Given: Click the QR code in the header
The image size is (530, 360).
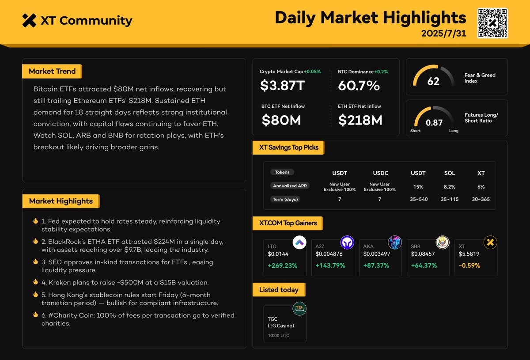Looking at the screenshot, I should [x=492, y=23].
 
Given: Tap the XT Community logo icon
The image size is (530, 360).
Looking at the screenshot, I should [x=29, y=20].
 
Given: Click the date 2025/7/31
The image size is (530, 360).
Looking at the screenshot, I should [x=443, y=34].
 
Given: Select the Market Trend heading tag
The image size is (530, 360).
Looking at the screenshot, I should [x=52, y=71].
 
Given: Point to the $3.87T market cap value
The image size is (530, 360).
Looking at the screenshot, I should [x=282, y=85].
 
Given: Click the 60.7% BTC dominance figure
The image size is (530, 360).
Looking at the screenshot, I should [x=359, y=85].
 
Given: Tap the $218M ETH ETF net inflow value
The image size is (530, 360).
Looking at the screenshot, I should [x=360, y=120].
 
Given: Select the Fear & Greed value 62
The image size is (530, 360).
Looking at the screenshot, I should [x=433, y=81].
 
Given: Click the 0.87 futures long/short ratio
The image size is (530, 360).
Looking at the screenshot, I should [x=434, y=123].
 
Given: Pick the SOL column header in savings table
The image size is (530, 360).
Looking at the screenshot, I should [x=450, y=173].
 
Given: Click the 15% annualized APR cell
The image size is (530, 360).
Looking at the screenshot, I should [x=418, y=187].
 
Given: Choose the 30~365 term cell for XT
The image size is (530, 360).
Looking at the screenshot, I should [x=481, y=199].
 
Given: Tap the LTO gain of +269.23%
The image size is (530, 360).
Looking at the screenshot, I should [x=283, y=265].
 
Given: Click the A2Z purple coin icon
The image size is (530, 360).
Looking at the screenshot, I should [x=347, y=242].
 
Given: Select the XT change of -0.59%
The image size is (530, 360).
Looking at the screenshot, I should [x=469, y=265].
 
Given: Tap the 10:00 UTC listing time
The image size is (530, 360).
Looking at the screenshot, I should [x=279, y=336].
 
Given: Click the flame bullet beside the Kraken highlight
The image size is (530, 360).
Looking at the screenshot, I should [x=35, y=282].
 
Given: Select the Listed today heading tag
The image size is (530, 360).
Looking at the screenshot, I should [x=278, y=290].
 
